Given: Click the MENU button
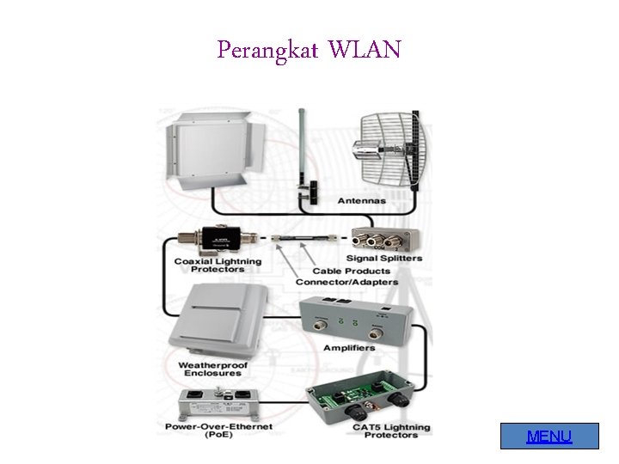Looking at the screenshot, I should point(549,437).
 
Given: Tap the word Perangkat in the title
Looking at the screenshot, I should point(267,51).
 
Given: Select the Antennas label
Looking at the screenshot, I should point(361,200).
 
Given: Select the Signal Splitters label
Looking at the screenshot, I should point(384,258).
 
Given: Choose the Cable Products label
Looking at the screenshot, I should point(351,271).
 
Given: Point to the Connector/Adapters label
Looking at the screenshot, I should point(347,282).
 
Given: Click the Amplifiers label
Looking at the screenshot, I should point(349,347).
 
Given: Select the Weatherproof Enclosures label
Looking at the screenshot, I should point(213,369).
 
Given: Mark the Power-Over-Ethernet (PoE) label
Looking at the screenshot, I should point(219,430).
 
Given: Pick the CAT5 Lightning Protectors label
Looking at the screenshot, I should point(391,430).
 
